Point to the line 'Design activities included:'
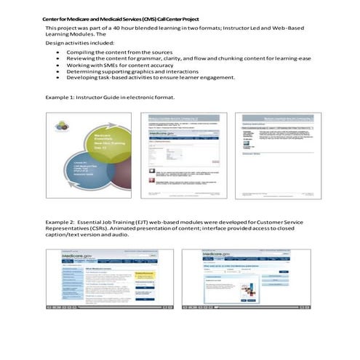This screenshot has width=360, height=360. [x=76, y=44]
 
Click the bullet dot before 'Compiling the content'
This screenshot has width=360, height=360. [x=57, y=53]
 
